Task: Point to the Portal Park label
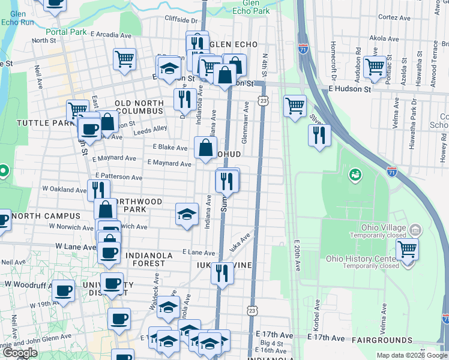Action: tap(63, 32)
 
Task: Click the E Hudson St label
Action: tap(350, 88)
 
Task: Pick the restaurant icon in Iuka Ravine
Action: tap(221, 274)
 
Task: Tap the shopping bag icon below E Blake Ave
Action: tap(206, 147)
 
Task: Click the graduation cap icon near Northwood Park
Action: tap(187, 214)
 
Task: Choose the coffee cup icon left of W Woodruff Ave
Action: tap(63, 291)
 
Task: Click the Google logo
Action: tap(20, 353)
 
